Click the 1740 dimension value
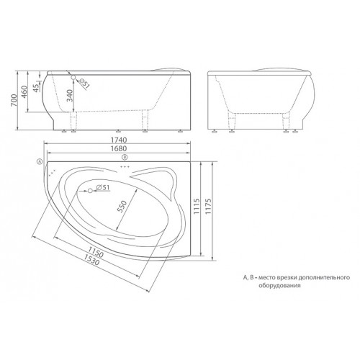click(119, 140)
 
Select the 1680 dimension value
click(119, 148)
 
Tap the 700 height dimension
click(14, 101)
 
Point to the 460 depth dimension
click(24, 92)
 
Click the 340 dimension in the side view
click(69, 95)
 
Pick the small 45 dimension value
click(36, 88)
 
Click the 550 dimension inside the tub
click(122, 206)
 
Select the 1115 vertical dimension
click(197, 207)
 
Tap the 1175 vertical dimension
click(208, 207)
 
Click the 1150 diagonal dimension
click(95, 251)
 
